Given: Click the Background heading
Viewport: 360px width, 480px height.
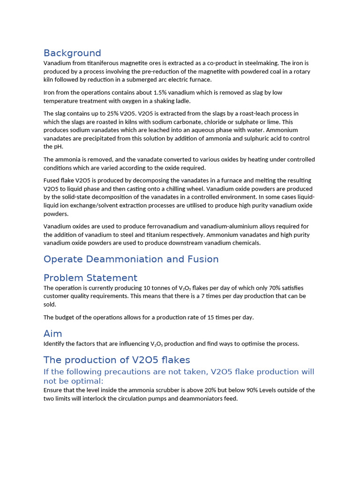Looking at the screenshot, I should tap(72, 53).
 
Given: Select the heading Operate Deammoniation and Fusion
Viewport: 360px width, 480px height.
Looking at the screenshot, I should tap(131, 259).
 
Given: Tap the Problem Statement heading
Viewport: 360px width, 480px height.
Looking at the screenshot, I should tap(90, 277).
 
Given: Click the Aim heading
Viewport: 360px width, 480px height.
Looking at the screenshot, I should tap(53, 334).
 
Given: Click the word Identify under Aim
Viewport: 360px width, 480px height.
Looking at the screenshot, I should tap(54, 344).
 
